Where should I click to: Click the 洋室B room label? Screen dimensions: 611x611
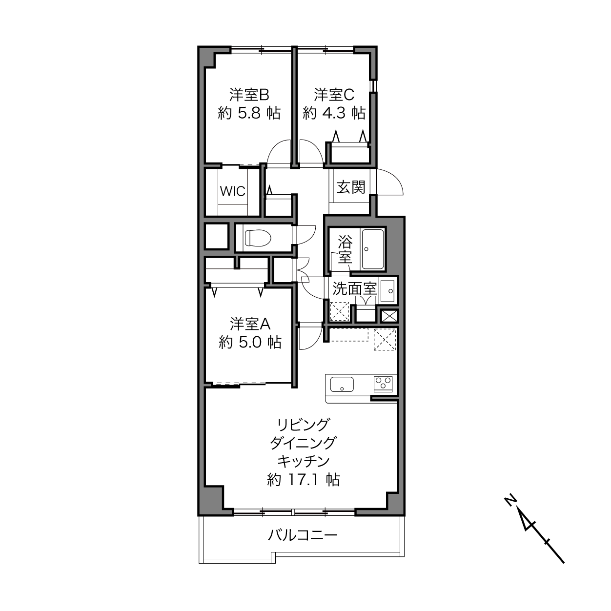pyautogui.click(x=249, y=95)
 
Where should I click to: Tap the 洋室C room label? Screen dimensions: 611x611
pyautogui.click(x=334, y=95)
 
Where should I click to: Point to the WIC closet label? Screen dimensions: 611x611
pyautogui.click(x=233, y=191)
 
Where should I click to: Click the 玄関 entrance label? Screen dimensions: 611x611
pyautogui.click(x=351, y=187)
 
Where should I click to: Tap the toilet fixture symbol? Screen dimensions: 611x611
pyautogui.click(x=258, y=238)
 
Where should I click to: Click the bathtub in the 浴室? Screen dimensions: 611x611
pyautogui.click(x=373, y=249)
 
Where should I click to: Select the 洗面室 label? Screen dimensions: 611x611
pyautogui.click(x=354, y=288)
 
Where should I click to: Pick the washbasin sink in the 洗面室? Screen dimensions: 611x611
pyautogui.click(x=387, y=291)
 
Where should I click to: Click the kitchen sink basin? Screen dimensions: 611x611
pyautogui.click(x=342, y=384)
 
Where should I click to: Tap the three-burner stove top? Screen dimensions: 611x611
pyautogui.click(x=383, y=384)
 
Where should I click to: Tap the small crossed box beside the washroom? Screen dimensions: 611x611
pyautogui.click(x=389, y=316)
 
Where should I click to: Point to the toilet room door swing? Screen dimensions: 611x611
pyautogui.click(x=305, y=235)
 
